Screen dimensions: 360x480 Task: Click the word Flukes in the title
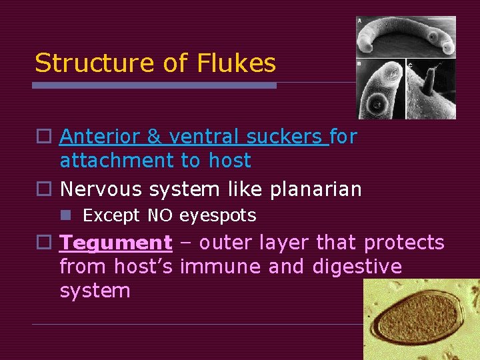coord(237,63)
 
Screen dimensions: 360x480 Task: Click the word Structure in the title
coord(93,63)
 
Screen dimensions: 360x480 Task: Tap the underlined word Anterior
coord(101,137)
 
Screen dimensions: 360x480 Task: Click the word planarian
coord(316,189)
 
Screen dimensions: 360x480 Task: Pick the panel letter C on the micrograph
coord(409,65)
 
